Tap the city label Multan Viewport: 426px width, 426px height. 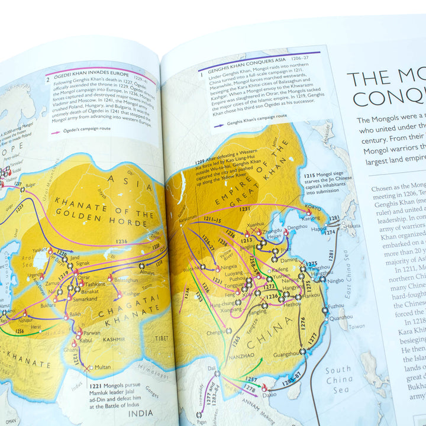(102, 367)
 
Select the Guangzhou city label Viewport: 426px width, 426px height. (285, 353)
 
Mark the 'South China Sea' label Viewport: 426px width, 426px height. (339, 379)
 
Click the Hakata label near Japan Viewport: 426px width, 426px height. (354, 225)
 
